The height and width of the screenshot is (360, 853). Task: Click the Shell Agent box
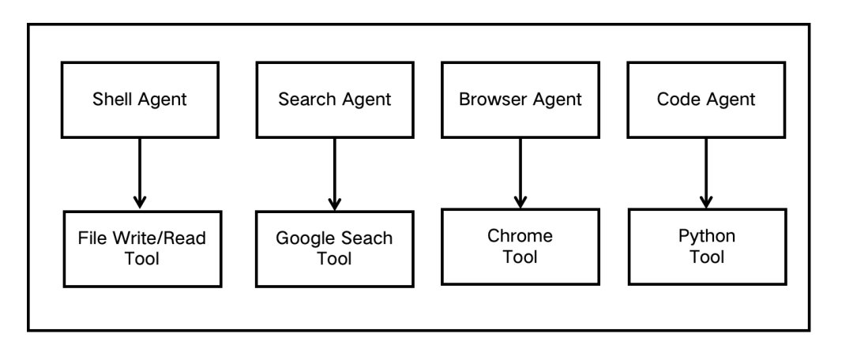(x=140, y=100)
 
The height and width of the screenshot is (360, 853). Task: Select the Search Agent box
(x=335, y=100)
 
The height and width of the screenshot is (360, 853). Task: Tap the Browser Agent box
(x=520, y=100)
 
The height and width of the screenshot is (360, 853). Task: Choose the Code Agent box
(x=706, y=100)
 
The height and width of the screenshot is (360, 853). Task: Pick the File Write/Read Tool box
(x=142, y=249)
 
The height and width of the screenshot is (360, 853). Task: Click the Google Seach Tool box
(x=335, y=249)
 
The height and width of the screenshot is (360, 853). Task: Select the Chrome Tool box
(x=520, y=246)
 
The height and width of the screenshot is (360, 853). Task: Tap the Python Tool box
(x=707, y=246)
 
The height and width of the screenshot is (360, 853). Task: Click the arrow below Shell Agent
(x=140, y=174)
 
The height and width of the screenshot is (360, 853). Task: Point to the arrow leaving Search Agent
(x=335, y=174)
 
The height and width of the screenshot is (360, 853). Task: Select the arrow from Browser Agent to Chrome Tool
(x=520, y=173)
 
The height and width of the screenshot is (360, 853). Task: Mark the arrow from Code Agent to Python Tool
(x=706, y=173)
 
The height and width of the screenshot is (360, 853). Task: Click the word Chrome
(x=520, y=235)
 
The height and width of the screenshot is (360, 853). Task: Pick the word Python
(x=707, y=237)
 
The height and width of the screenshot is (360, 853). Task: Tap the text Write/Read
(x=160, y=238)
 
